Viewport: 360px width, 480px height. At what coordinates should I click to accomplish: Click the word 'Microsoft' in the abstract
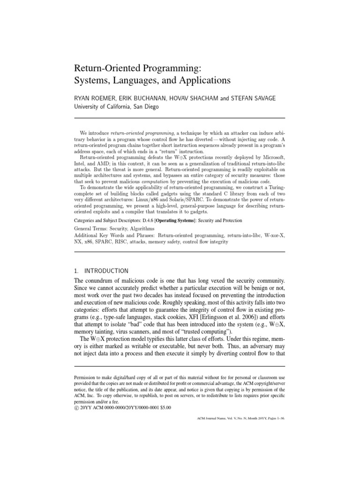click(270, 157)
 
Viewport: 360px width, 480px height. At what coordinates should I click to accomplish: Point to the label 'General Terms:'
click(91, 229)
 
